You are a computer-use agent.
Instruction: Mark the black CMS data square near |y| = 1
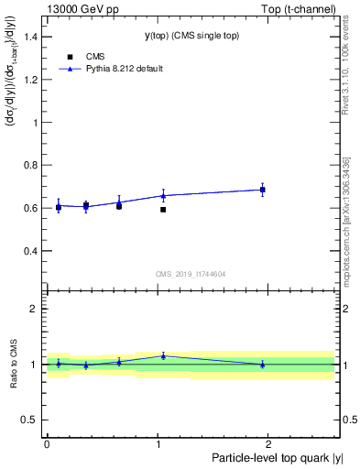pyautogui.click(x=163, y=210)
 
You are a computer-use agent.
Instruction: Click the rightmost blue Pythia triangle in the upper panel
pyautogui.click(x=262, y=190)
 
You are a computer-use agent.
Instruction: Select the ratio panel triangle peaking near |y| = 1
pyautogui.click(x=163, y=356)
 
